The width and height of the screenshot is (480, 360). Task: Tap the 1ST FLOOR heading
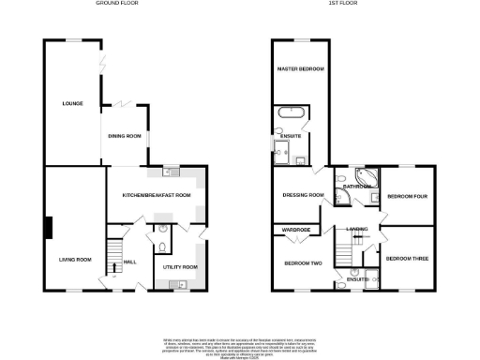(339, 4)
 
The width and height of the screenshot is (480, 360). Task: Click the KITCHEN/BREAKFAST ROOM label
(157, 194)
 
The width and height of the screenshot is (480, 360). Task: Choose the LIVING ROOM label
(75, 260)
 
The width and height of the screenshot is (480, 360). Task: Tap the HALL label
(130, 262)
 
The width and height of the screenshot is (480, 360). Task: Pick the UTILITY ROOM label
(180, 267)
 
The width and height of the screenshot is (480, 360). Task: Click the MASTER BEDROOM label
(300, 69)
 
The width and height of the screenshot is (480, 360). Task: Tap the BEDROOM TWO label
(303, 262)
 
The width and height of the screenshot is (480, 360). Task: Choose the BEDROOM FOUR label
(408, 196)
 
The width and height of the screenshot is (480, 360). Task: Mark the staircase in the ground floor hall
(113, 251)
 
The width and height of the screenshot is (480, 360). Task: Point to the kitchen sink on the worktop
(171, 172)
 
